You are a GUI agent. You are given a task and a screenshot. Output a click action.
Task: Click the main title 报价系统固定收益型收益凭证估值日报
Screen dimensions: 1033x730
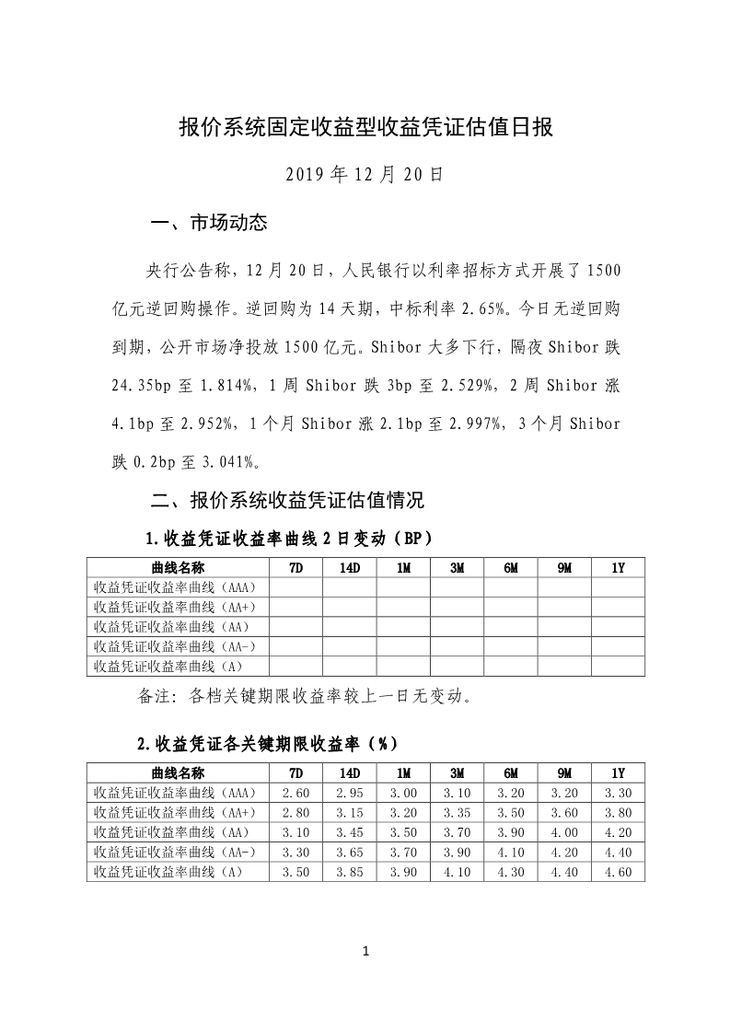(x=365, y=128)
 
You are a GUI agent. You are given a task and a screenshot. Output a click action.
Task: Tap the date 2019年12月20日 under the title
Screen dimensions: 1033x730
(x=365, y=174)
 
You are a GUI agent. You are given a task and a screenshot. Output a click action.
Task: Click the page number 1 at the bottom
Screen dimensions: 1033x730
(x=365, y=950)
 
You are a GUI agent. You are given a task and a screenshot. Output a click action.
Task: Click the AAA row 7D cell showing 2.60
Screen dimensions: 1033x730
(x=295, y=792)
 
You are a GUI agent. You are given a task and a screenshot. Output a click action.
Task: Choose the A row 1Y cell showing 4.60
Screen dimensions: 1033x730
(x=618, y=871)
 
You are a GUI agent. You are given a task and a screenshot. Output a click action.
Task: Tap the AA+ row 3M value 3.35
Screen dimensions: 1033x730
(x=457, y=812)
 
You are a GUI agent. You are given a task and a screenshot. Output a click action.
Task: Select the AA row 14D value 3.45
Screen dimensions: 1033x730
(x=350, y=832)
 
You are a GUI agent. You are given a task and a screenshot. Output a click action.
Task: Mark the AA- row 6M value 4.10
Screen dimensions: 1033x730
(x=510, y=852)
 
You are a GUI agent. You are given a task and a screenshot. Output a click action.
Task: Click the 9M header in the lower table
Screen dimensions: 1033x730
(x=564, y=772)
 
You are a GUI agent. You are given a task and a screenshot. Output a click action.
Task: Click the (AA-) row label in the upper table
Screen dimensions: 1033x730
(x=175, y=647)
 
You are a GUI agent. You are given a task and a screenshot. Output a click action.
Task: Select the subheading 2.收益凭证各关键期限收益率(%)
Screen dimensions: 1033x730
(x=267, y=742)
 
